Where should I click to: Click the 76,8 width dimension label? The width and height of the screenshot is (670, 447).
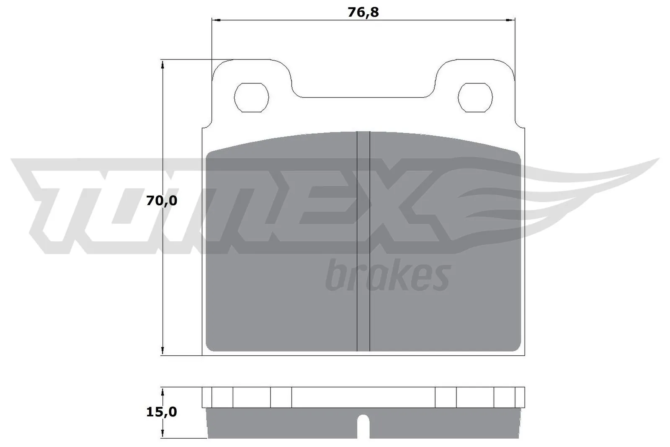[363, 13]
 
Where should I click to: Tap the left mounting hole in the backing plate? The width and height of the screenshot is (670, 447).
[251, 97]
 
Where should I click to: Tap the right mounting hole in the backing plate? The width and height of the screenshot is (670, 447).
[475, 97]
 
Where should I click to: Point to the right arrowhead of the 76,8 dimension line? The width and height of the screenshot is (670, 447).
[510, 20]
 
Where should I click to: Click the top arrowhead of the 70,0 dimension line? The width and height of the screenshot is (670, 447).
[162, 64]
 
